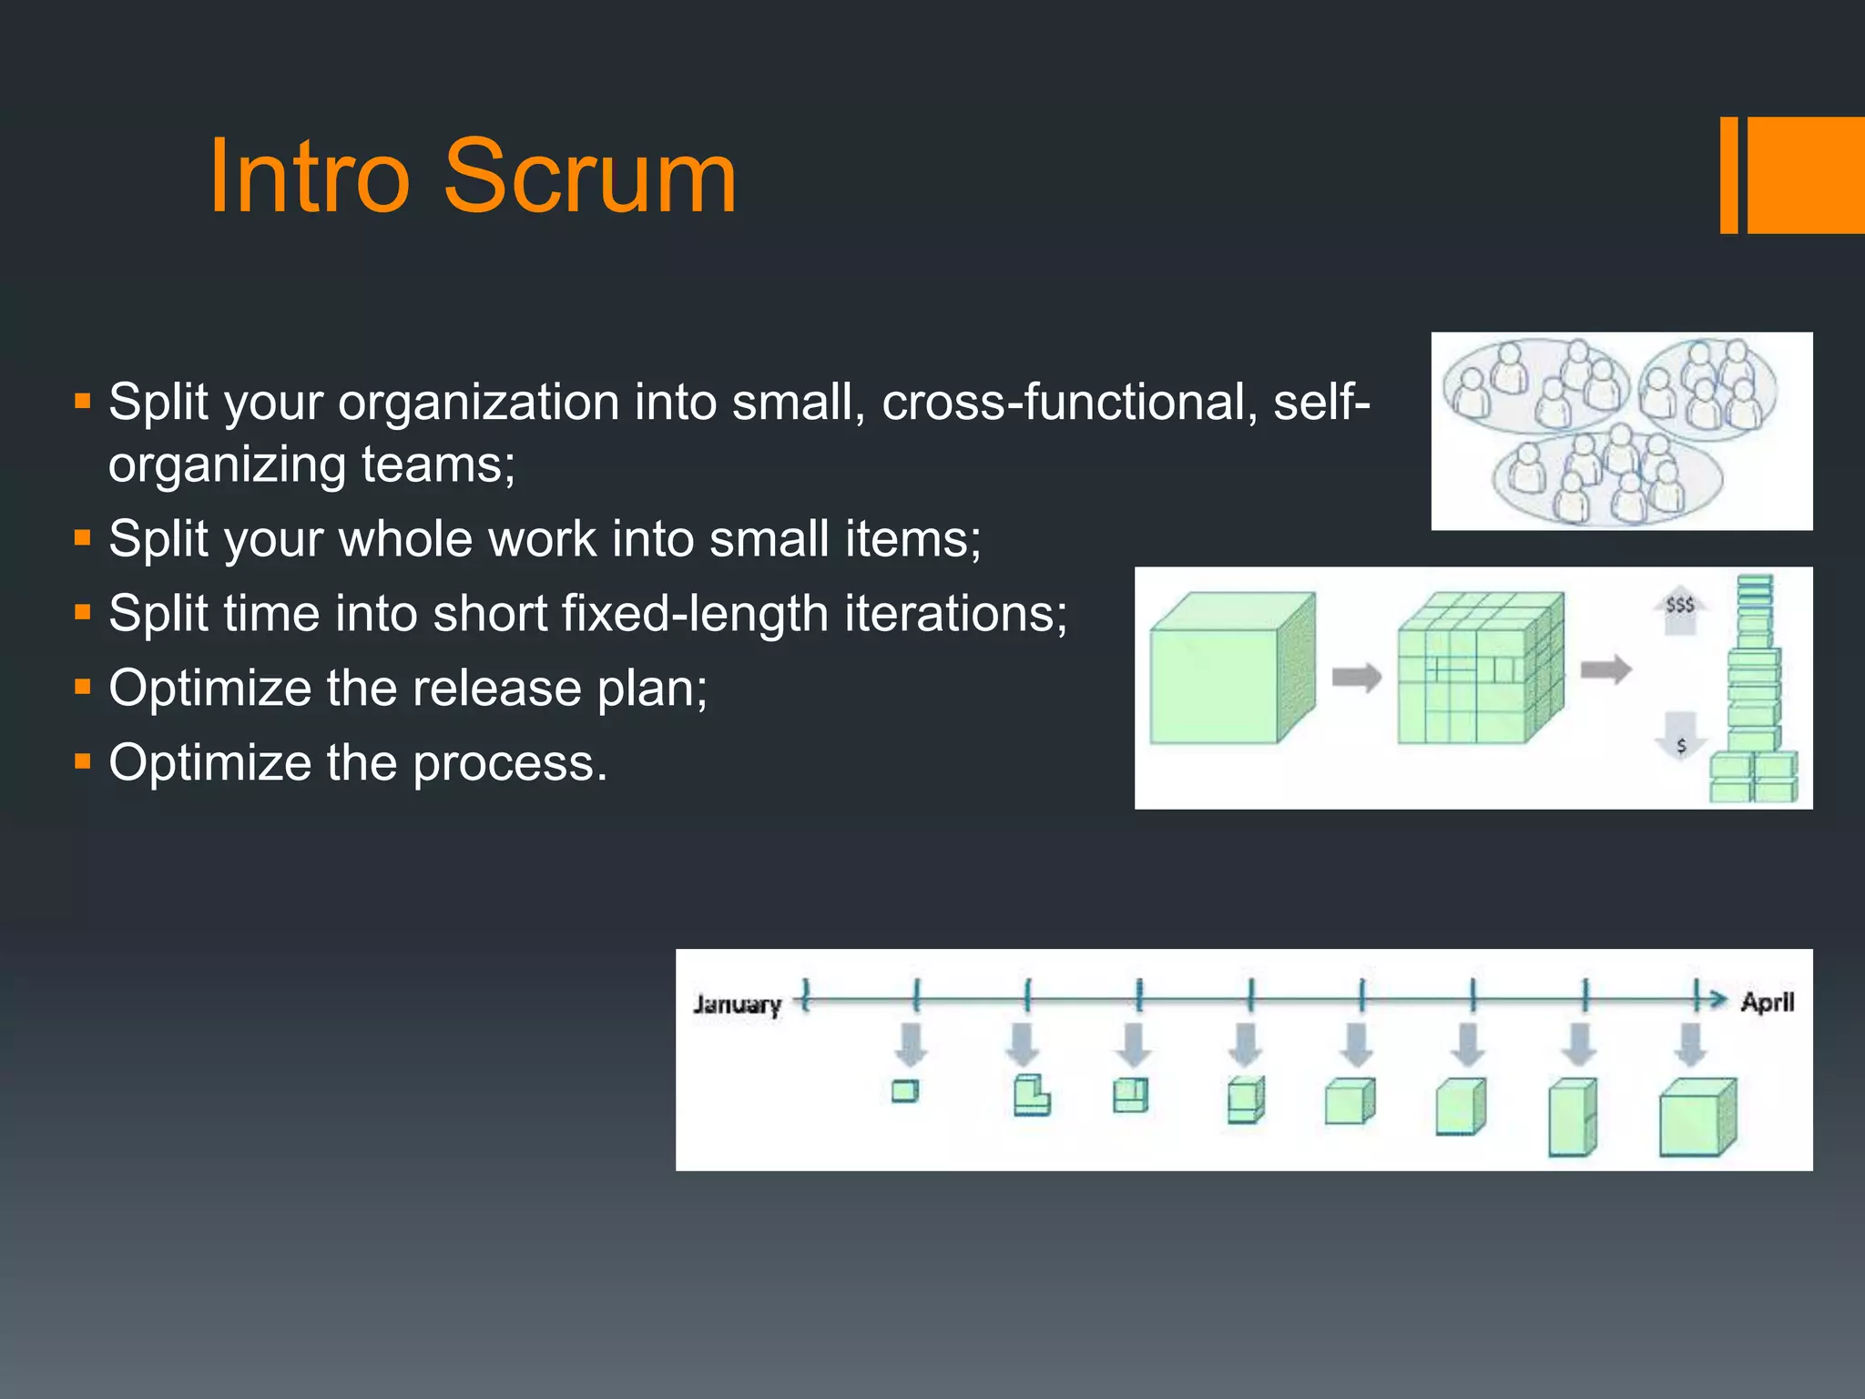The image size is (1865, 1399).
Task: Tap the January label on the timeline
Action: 737,1004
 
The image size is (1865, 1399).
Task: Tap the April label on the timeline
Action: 1767,1002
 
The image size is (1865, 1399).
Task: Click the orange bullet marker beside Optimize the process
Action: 83,761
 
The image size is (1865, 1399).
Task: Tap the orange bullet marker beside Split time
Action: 83,611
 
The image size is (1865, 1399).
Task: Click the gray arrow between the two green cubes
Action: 1357,677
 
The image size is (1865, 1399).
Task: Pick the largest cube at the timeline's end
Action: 1696,1118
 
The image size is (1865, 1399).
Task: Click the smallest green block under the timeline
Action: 904,1091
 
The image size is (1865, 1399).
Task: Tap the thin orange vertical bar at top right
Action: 1728,175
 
